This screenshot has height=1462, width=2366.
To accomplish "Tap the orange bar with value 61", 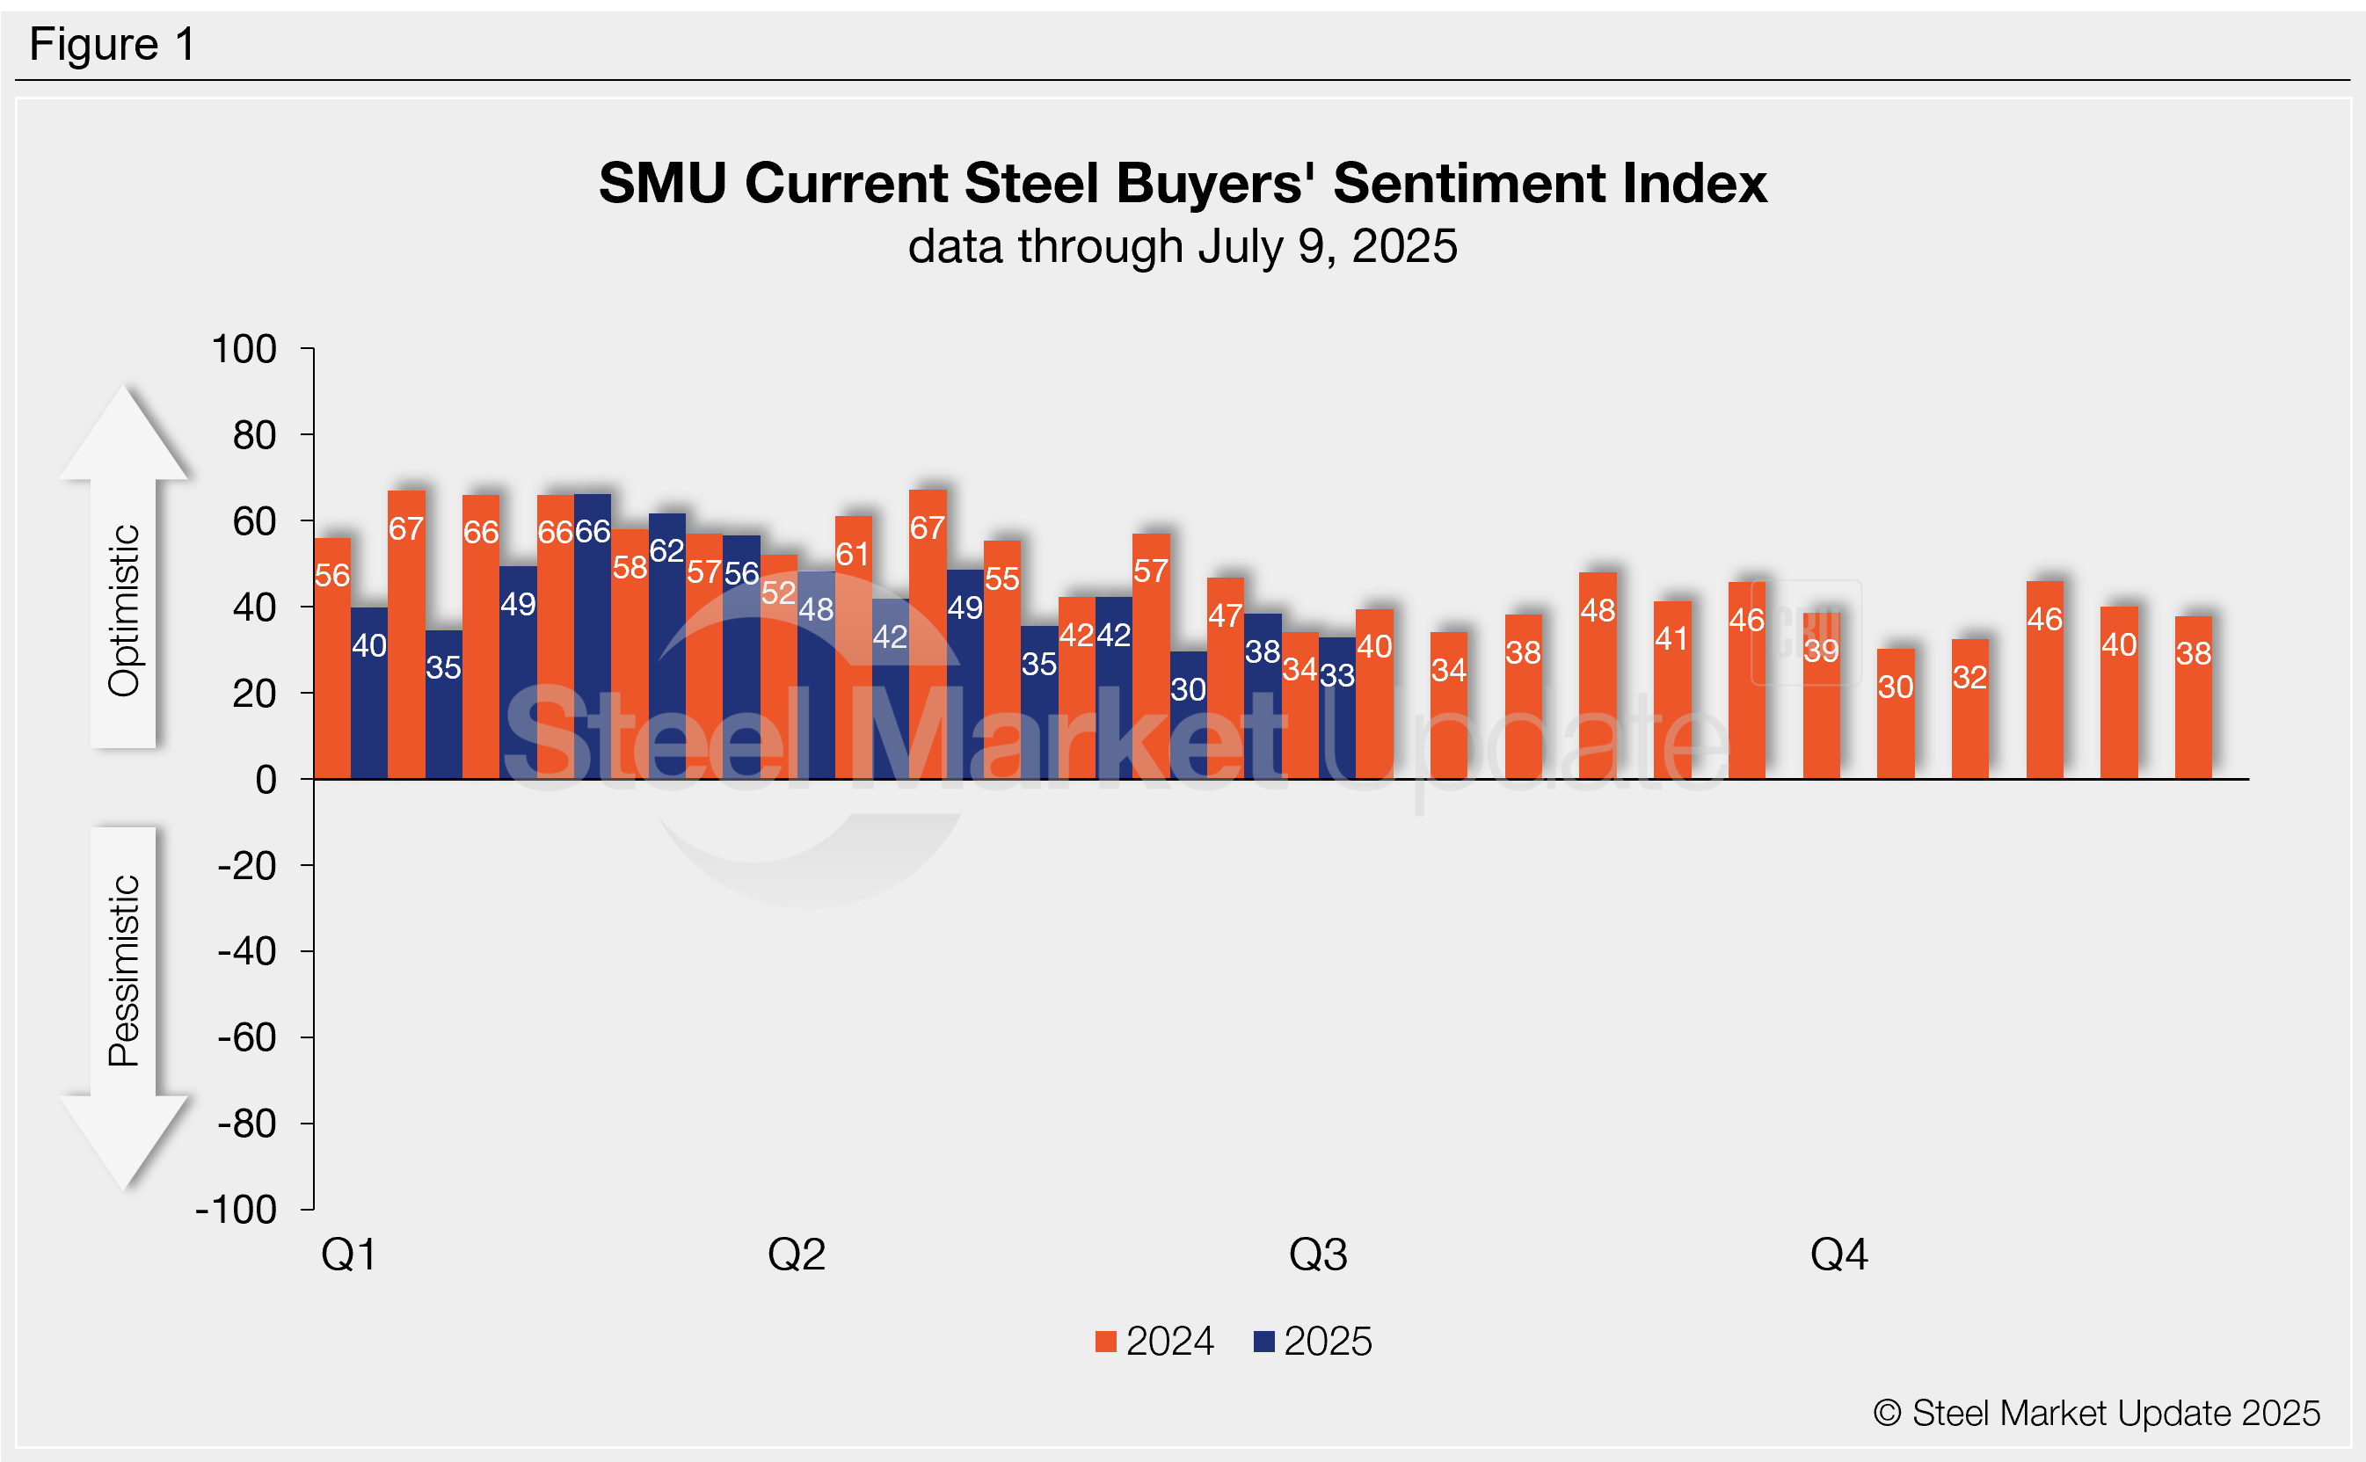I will pyautogui.click(x=853, y=648).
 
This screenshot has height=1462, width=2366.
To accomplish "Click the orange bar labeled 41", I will pyautogui.click(x=1671, y=690).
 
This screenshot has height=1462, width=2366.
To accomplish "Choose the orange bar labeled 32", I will pyautogui.click(x=1969, y=709).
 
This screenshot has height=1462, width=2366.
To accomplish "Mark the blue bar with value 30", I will pyautogui.click(x=1189, y=716).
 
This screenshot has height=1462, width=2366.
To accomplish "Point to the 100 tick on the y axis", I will pyautogui.click(x=244, y=349).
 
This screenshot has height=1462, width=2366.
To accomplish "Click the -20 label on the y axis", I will pyautogui.click(x=248, y=865).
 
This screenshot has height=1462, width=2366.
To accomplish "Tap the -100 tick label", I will pyautogui.click(x=237, y=1210).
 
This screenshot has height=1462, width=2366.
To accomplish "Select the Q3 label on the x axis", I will pyautogui.click(x=1318, y=1255).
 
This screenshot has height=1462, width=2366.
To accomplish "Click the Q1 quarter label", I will pyautogui.click(x=348, y=1255).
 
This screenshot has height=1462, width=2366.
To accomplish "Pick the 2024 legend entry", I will pyautogui.click(x=1155, y=1342).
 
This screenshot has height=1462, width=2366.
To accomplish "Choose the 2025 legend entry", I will pyautogui.click(x=1314, y=1342).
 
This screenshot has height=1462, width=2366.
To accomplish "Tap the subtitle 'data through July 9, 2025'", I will pyautogui.click(x=1182, y=246).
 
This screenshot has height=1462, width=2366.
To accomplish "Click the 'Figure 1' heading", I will pyautogui.click(x=113, y=45).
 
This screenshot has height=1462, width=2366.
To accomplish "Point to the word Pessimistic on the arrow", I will pyautogui.click(x=124, y=970).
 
